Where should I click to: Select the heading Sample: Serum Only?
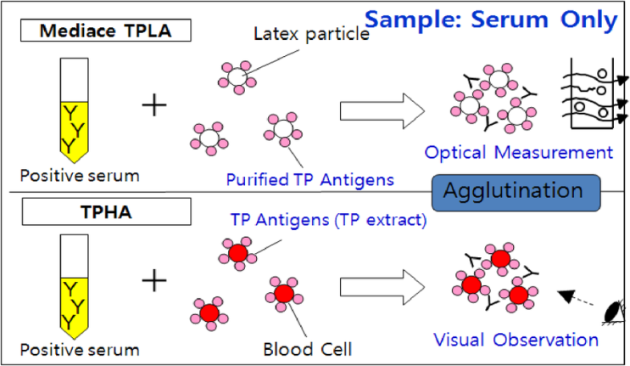point(491,19)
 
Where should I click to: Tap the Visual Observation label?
point(516,340)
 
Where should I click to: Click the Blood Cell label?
point(307,347)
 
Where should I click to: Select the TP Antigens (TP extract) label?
point(328,220)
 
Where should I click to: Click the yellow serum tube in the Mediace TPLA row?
point(75,110)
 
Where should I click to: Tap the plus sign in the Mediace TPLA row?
point(154,105)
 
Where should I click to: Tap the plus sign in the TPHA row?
point(154,281)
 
